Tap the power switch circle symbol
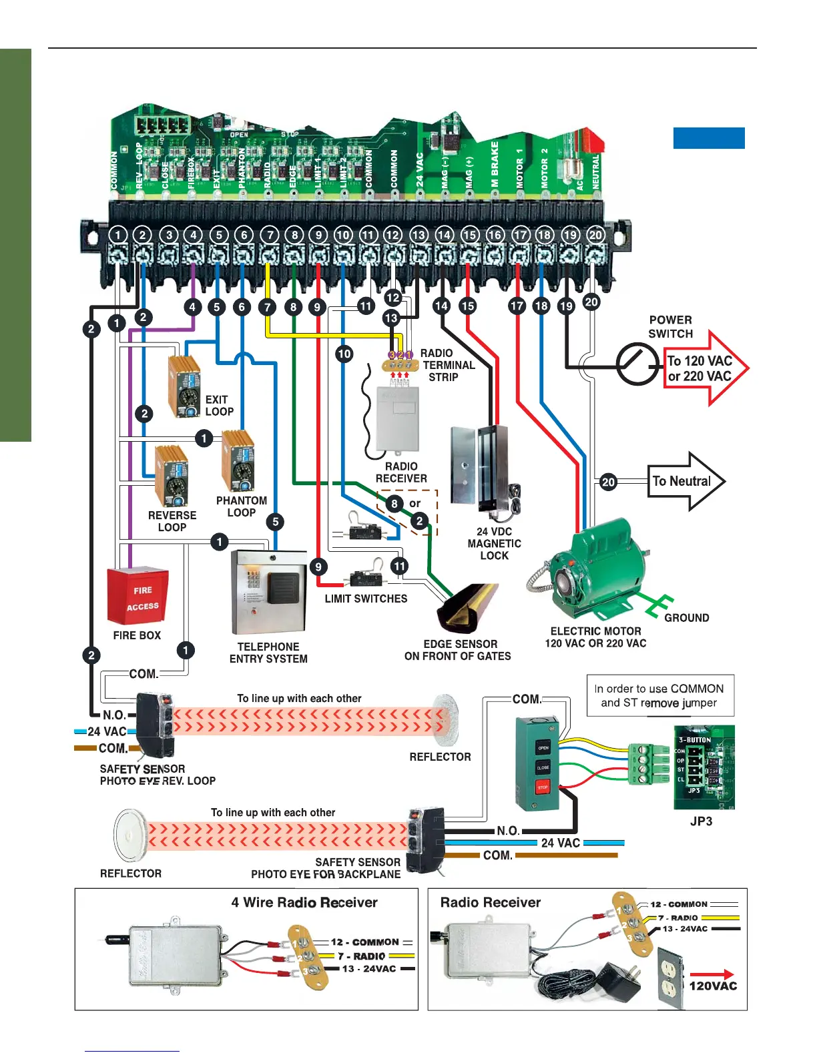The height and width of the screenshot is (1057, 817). [636, 364]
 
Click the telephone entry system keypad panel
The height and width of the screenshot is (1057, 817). [268, 592]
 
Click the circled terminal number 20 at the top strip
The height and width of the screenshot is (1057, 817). [595, 235]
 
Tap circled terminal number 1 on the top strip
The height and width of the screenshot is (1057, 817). [118, 235]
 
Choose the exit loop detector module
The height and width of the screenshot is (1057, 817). [185, 386]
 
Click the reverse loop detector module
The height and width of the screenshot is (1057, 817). [172, 476]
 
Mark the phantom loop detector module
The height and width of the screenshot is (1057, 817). [238, 461]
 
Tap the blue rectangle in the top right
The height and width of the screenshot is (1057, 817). [708, 137]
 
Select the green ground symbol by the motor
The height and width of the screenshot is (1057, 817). [657, 606]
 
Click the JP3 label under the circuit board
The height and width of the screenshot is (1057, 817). [701, 821]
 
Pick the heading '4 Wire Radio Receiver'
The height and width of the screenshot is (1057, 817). [304, 903]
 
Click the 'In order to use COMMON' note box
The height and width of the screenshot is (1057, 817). [659, 695]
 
